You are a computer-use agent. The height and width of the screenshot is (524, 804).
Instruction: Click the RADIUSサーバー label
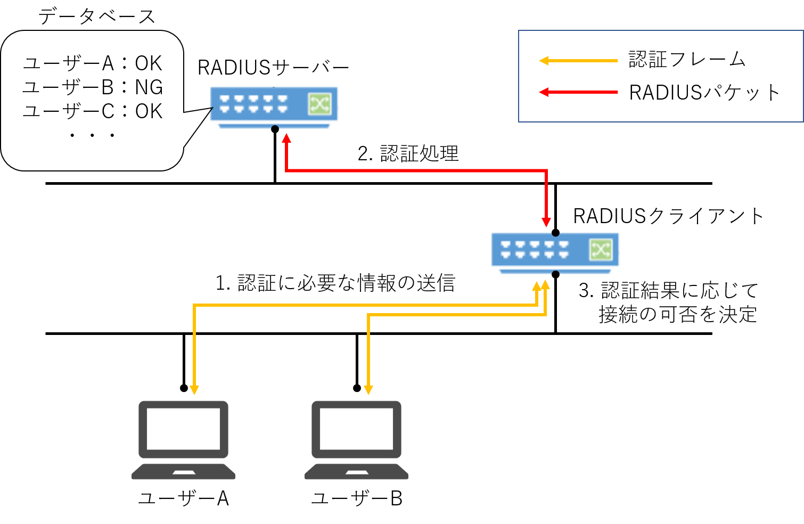click(x=273, y=68)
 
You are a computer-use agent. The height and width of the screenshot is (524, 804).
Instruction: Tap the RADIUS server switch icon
click(x=274, y=107)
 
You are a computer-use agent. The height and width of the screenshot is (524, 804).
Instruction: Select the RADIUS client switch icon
click(x=555, y=253)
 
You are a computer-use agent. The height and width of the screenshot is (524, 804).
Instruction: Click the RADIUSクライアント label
click(x=668, y=216)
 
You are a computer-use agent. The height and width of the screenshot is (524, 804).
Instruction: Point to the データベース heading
click(x=97, y=17)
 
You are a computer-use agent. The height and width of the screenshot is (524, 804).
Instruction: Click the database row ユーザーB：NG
click(x=93, y=87)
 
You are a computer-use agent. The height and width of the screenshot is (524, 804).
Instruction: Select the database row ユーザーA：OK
click(x=93, y=63)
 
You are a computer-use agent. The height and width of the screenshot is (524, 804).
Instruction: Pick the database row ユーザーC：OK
click(x=93, y=111)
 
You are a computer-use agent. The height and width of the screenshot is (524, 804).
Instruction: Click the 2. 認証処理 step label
click(x=408, y=153)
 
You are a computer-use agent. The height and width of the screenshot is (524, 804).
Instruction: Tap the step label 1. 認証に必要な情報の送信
click(x=335, y=283)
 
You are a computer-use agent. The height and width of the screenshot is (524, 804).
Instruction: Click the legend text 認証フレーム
click(x=687, y=59)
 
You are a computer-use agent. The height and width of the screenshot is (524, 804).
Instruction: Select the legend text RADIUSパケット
click(x=704, y=93)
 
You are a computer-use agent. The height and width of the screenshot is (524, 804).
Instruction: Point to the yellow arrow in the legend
click(x=578, y=61)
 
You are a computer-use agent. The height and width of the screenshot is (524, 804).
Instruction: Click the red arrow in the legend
click(x=578, y=92)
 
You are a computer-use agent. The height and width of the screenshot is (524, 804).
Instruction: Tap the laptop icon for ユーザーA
click(x=184, y=440)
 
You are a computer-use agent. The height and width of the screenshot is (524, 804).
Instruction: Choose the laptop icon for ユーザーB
click(x=356, y=440)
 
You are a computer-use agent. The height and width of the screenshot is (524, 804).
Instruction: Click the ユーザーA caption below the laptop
click(x=184, y=498)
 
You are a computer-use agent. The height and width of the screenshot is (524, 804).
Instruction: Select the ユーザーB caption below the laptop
click(x=356, y=498)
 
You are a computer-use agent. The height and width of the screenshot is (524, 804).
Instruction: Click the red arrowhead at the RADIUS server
click(x=286, y=140)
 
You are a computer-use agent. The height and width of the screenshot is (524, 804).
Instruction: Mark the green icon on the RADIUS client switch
click(x=601, y=250)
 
